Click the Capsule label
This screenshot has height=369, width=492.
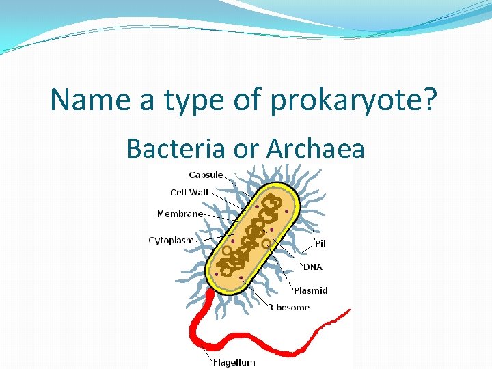[206, 175]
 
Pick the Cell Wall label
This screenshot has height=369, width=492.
[189, 193]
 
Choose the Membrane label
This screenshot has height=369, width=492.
[180, 213]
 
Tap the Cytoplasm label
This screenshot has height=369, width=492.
[172, 240]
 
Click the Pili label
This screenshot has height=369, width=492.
[322, 243]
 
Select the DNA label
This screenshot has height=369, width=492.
[313, 266]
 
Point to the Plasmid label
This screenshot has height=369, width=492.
[311, 290]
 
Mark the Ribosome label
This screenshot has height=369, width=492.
[288, 307]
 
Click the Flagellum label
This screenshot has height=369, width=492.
[234, 362]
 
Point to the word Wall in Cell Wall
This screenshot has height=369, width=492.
[200, 193]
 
